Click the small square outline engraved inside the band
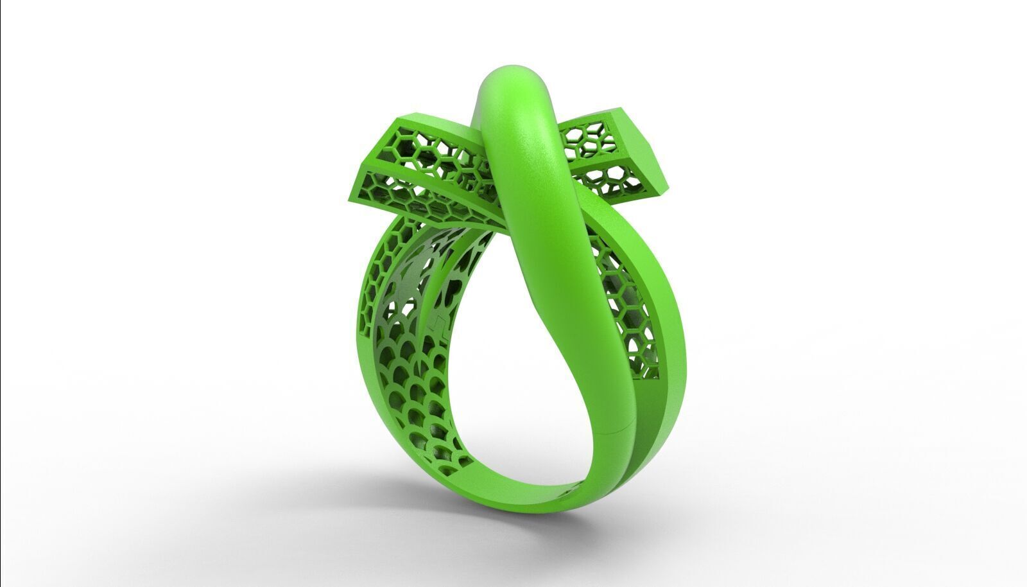coord(436,321)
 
